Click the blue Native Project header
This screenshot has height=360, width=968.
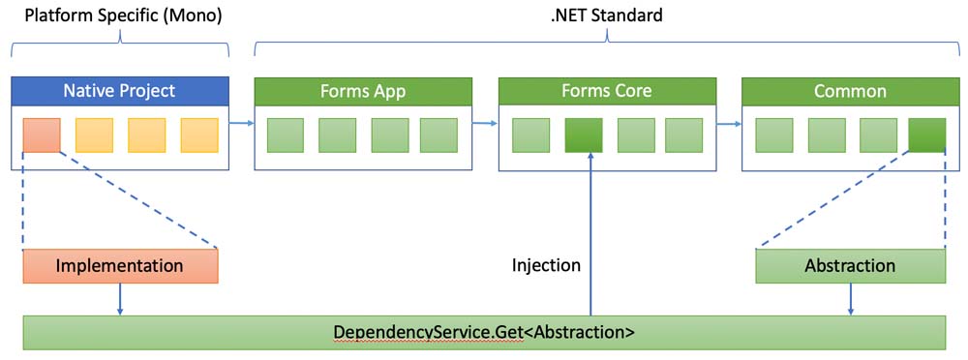[120, 91]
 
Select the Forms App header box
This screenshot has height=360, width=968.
[362, 91]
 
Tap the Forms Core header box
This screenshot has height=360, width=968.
[606, 91]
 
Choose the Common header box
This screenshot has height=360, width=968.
[850, 91]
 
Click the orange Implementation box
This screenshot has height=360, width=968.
[120, 266]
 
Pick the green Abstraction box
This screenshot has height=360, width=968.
[850, 266]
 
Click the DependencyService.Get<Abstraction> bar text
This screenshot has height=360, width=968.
[484, 332]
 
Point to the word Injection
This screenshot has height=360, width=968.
[546, 265]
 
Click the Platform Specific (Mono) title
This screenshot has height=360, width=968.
[122, 15]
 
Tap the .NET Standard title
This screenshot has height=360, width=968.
[606, 15]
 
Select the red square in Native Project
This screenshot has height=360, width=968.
[42, 135]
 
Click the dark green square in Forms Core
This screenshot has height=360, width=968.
[584, 135]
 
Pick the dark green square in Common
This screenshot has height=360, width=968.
[926, 135]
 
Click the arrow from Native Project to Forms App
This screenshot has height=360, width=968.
[241, 124]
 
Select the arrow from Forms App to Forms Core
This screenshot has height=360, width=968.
[485, 124]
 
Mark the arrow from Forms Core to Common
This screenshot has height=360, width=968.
[729, 124]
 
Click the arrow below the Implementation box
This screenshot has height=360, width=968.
[120, 299]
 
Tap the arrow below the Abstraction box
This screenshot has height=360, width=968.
[852, 299]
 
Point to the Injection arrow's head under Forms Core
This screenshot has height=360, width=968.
[590, 156]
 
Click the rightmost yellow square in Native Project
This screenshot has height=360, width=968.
[199, 135]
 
